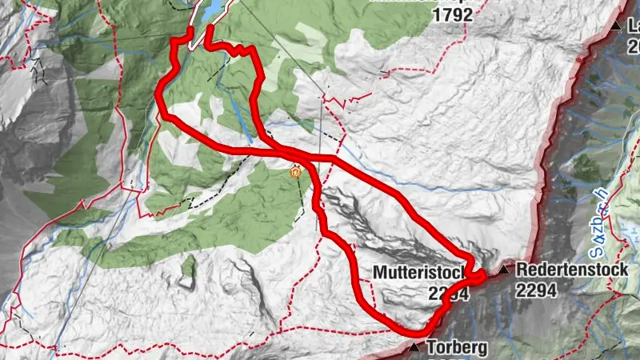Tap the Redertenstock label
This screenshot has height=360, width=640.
click(x=572, y=270)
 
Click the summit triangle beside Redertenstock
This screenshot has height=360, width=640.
click(x=504, y=270)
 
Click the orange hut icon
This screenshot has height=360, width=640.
click(x=297, y=170)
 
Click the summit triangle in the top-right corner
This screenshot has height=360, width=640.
click(x=615, y=26)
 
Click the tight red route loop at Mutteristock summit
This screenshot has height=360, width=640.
click(x=475, y=276)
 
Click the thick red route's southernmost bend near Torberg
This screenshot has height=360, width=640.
click(x=412, y=329)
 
